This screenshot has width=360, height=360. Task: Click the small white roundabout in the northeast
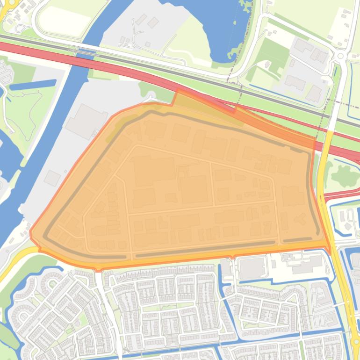click(x=340, y=56)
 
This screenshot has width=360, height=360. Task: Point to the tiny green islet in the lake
click(x=244, y=6)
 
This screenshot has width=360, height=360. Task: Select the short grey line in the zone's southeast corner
click(x=297, y=240)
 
